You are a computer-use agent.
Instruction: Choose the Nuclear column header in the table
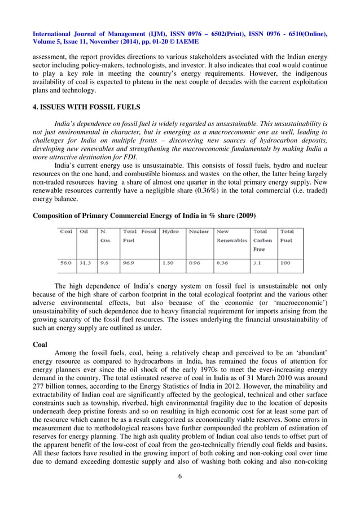tap(199, 232)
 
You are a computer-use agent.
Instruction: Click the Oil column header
tap(84, 232)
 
